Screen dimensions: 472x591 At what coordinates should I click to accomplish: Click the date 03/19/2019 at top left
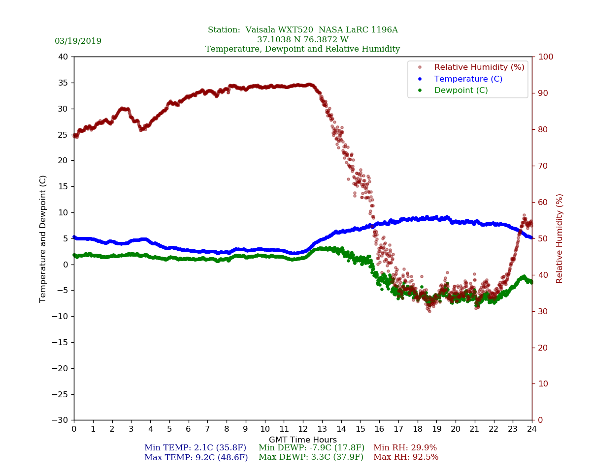point(78,41)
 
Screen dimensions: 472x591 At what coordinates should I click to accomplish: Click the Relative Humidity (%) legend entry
point(479,67)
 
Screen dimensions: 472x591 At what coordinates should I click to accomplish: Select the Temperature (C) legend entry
point(468,79)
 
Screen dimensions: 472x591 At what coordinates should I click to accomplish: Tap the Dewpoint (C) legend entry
point(461,90)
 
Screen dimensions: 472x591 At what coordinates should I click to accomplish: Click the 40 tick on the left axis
point(63,57)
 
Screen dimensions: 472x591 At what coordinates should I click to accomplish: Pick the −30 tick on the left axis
point(60,420)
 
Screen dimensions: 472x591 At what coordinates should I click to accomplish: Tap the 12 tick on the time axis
point(303,429)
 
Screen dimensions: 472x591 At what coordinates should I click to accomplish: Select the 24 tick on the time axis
point(532,429)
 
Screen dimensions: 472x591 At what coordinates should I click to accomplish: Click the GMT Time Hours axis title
point(303,440)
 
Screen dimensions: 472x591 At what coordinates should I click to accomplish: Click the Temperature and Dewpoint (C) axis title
point(43,238)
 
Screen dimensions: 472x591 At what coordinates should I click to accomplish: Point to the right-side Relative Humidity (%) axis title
point(559,238)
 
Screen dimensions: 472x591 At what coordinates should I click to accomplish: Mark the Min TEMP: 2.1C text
point(195,448)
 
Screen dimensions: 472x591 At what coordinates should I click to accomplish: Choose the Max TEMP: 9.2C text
point(196,457)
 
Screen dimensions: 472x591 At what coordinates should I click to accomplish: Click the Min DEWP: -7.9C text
point(311,448)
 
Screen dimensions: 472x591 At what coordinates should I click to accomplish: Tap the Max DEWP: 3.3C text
point(311,457)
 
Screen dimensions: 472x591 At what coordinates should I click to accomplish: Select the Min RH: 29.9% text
point(405,448)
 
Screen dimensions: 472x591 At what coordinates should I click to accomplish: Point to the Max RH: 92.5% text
point(406,457)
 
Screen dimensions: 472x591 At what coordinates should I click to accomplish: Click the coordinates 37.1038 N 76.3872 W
point(302,40)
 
